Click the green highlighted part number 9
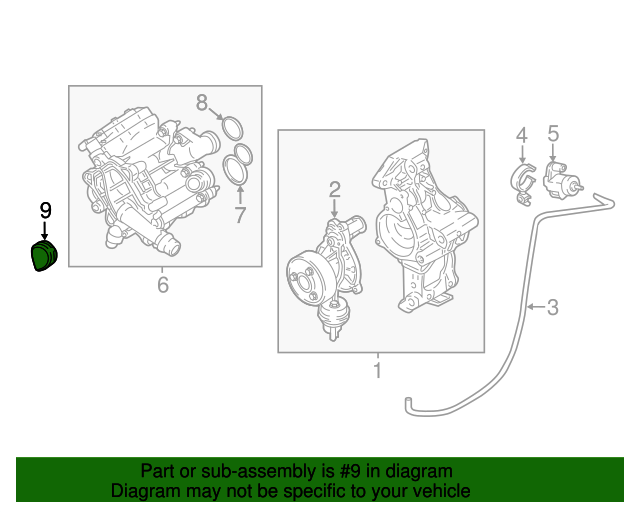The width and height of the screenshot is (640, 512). click(44, 256)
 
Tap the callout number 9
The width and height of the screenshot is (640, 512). click(46, 211)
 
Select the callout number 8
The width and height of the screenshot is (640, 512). click(202, 102)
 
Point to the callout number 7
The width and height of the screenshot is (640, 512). click(240, 215)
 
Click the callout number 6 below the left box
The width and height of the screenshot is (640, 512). click(163, 285)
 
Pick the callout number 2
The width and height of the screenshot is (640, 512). click(334, 190)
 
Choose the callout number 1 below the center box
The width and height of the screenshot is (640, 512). click(378, 370)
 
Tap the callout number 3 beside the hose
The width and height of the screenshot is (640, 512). click(553, 307)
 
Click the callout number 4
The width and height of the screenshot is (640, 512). click(522, 135)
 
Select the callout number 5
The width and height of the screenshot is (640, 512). click(553, 134)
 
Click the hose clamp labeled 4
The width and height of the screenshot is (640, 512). click(524, 185)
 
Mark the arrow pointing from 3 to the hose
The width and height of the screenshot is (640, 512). click(536, 307)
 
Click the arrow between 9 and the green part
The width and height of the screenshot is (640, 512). click(44, 230)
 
